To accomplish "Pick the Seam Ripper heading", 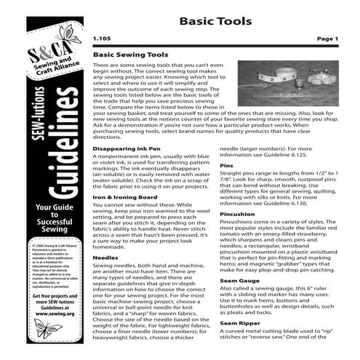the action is (x=238, y=343).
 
